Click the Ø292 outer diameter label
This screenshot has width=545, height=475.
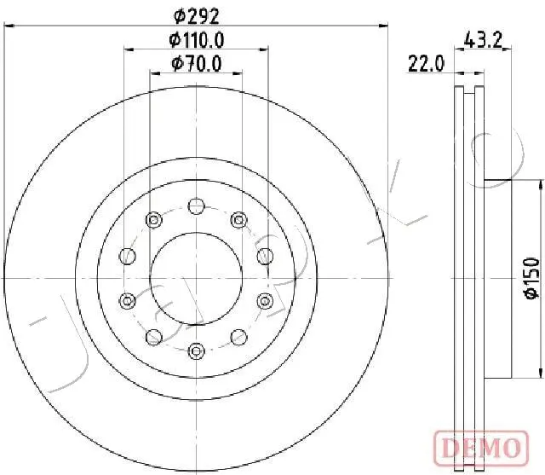[197, 16]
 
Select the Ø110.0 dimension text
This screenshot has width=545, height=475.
[197, 40]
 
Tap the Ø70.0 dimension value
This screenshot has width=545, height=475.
[197, 64]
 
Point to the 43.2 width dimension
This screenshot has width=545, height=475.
[483, 40]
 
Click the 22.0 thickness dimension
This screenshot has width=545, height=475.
[426, 64]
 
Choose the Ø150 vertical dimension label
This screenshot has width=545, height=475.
[531, 278]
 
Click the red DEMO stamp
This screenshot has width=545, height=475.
[481, 449]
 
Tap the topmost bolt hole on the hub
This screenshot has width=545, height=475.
[196, 206]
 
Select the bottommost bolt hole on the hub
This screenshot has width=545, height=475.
[196, 350]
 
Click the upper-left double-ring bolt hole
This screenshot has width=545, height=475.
[153, 220]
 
